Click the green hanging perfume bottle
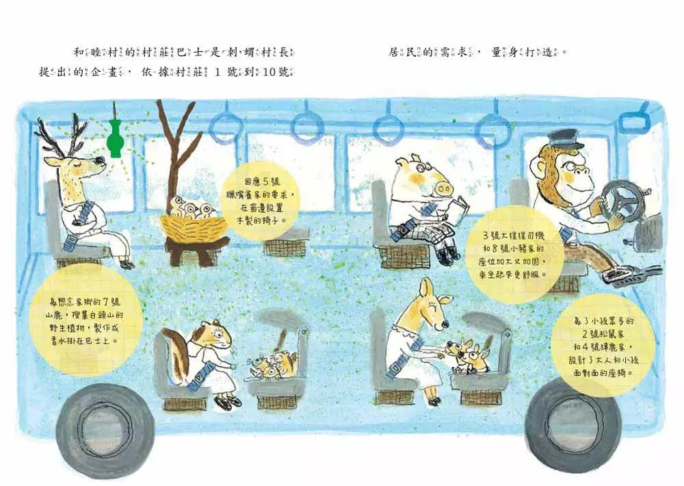(115, 137)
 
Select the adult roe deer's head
(434, 301)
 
